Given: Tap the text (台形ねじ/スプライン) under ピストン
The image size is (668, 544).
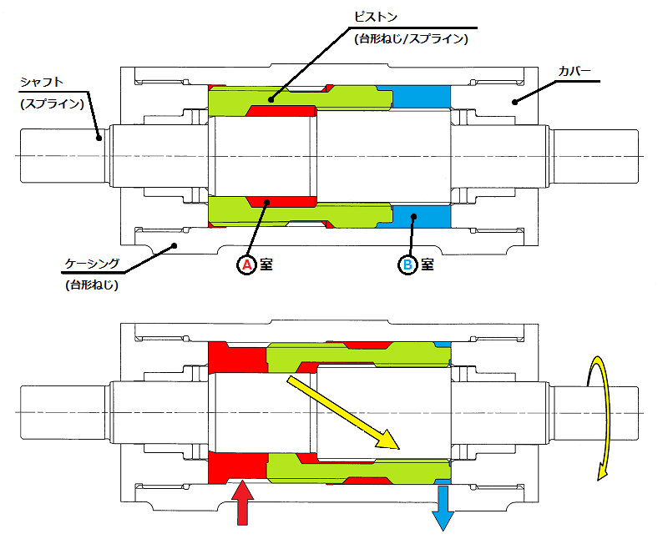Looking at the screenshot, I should coord(410,38).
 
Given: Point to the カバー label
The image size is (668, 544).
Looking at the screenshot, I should coord(574,72).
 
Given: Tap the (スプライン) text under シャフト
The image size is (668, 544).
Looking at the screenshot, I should coord(53,103).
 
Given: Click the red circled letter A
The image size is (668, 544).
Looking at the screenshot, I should coord(246,265).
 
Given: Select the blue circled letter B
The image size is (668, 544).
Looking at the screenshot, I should coord(407,265).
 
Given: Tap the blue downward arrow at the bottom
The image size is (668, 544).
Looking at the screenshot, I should coord(443,507).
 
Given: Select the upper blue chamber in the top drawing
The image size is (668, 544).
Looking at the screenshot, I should coord(421,96).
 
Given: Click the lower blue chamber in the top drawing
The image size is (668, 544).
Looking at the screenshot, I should coord(421,216).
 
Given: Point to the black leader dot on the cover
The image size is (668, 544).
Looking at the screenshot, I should coord(514,102).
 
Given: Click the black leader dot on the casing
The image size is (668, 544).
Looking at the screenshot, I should coord(174,245).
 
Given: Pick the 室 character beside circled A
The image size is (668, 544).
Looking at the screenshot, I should coord(266,265).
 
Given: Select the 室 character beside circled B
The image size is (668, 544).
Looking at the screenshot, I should coord(427,265).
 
